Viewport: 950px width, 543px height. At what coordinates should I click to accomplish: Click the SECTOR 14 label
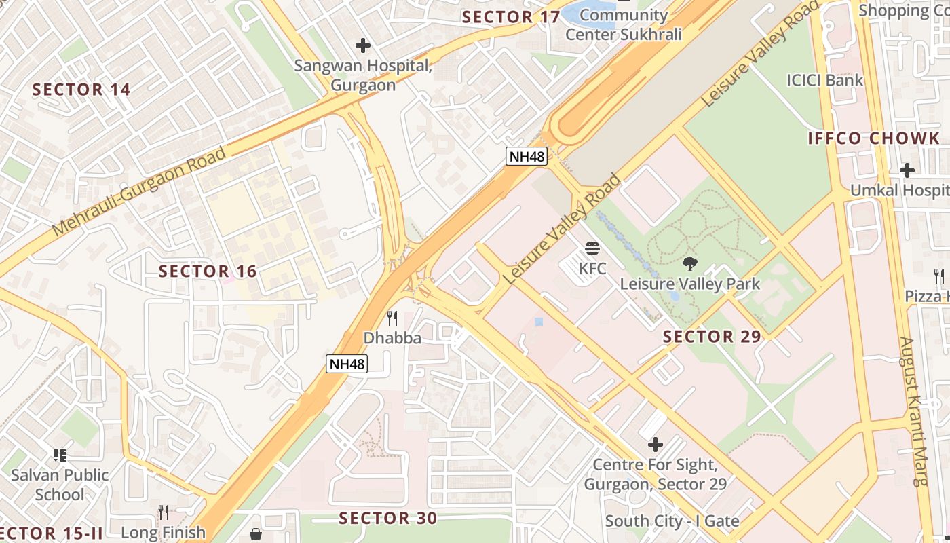pyautogui.click(x=81, y=90)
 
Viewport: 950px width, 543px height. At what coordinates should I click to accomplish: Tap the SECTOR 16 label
pyautogui.click(x=208, y=271)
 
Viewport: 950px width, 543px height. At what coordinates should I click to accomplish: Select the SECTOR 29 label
pyautogui.click(x=712, y=337)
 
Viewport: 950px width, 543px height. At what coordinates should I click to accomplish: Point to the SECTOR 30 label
pyautogui.click(x=388, y=519)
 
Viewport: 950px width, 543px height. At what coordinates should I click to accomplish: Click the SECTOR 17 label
pyautogui.click(x=511, y=17)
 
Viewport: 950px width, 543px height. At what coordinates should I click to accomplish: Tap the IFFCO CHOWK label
pyautogui.click(x=874, y=138)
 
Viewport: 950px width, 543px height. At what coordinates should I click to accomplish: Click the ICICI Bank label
pyautogui.click(x=824, y=80)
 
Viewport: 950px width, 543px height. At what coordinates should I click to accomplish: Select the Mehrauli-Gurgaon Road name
pyautogui.click(x=139, y=191)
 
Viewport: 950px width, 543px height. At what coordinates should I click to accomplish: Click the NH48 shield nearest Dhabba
pyautogui.click(x=347, y=364)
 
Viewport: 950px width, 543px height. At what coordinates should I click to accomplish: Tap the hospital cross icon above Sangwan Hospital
pyautogui.click(x=363, y=45)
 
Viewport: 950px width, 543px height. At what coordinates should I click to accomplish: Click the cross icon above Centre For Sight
pyautogui.click(x=655, y=445)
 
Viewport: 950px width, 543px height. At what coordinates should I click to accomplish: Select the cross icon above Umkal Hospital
pyautogui.click(x=907, y=170)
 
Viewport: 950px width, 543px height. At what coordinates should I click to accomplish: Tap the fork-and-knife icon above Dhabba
pyautogui.click(x=392, y=318)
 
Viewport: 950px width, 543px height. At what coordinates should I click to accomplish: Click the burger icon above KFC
pyautogui.click(x=592, y=248)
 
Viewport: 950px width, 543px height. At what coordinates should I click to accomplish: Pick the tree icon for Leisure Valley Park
pyautogui.click(x=690, y=263)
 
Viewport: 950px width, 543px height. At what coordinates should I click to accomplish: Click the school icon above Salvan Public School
pyautogui.click(x=60, y=455)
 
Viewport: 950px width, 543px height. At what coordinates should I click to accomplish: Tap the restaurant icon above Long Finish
pyautogui.click(x=163, y=512)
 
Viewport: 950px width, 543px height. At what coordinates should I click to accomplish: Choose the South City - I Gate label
pyautogui.click(x=672, y=521)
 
